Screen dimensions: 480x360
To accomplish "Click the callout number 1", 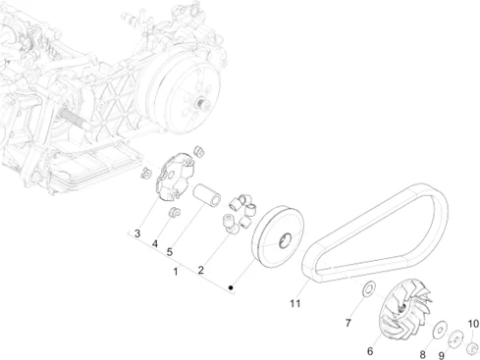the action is point(176,272).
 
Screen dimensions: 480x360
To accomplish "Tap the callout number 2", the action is point(200,270).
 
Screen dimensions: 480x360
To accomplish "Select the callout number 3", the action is point(137,233).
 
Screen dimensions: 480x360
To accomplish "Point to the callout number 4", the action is point(155,243).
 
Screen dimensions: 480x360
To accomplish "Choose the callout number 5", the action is point(170,252).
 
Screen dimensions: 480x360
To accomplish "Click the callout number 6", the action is point(370,351).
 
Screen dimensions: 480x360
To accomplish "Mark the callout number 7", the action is point(348,323).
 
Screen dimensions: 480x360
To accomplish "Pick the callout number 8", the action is point(423,354).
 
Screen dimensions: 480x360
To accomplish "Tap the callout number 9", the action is point(442,355).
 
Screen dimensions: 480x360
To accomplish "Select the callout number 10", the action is point(473,324).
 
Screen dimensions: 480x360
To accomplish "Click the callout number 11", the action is point(295,303).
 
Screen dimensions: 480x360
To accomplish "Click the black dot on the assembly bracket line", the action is point(231,287).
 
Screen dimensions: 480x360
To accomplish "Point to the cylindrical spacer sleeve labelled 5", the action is point(206,195).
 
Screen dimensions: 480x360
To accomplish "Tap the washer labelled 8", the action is point(440,329).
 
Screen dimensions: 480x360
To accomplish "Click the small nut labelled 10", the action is point(472,347).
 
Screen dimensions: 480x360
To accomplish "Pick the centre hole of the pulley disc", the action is point(285,240).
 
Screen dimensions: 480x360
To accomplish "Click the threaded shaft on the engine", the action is point(73,118).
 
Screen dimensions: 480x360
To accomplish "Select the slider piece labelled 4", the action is point(174,212).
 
